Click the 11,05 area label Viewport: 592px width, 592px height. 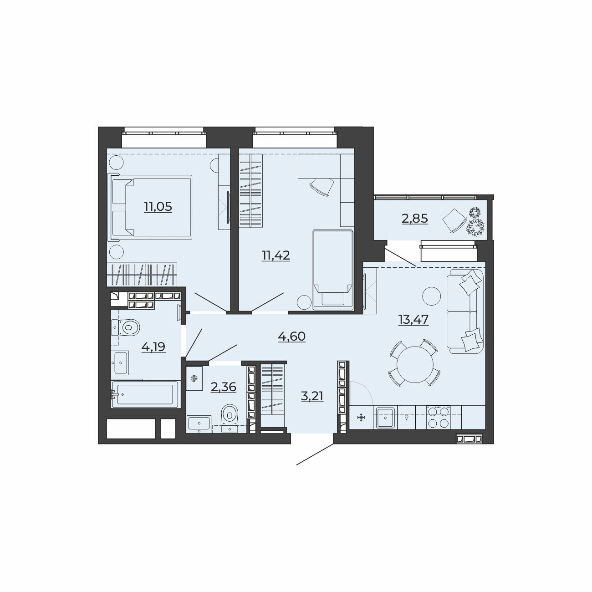[x=158, y=206]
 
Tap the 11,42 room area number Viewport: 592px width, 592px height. [x=276, y=255]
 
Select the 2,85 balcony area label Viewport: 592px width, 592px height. [x=415, y=219]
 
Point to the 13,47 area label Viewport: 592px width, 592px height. [x=413, y=320]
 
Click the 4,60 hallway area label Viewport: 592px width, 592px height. [x=291, y=337]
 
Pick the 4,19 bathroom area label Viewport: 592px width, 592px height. [x=153, y=347]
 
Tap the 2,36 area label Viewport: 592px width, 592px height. [x=223, y=387]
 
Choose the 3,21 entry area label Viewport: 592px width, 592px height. [x=312, y=397]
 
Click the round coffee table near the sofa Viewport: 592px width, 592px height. [x=431, y=296]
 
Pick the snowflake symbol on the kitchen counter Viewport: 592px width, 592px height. [x=361, y=418]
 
